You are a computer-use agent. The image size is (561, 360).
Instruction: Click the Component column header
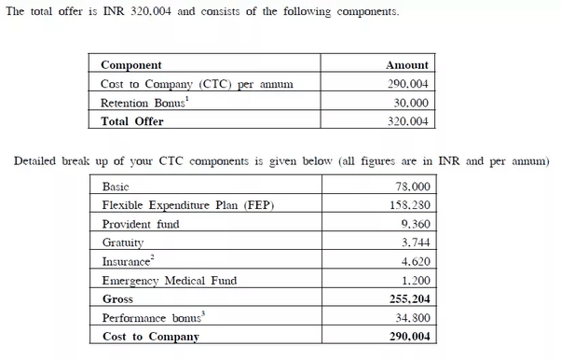click(x=130, y=65)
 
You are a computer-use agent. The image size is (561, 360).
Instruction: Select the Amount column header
click(x=407, y=65)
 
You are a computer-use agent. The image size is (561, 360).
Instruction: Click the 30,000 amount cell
click(x=411, y=103)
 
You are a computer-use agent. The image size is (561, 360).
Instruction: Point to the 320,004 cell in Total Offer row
click(x=407, y=121)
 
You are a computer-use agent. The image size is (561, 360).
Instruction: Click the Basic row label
click(x=116, y=187)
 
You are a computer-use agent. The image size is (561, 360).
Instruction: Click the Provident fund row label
click(x=141, y=224)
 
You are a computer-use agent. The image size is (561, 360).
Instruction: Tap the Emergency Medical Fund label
click(x=170, y=280)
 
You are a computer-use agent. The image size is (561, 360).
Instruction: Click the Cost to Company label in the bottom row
click(x=150, y=337)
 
